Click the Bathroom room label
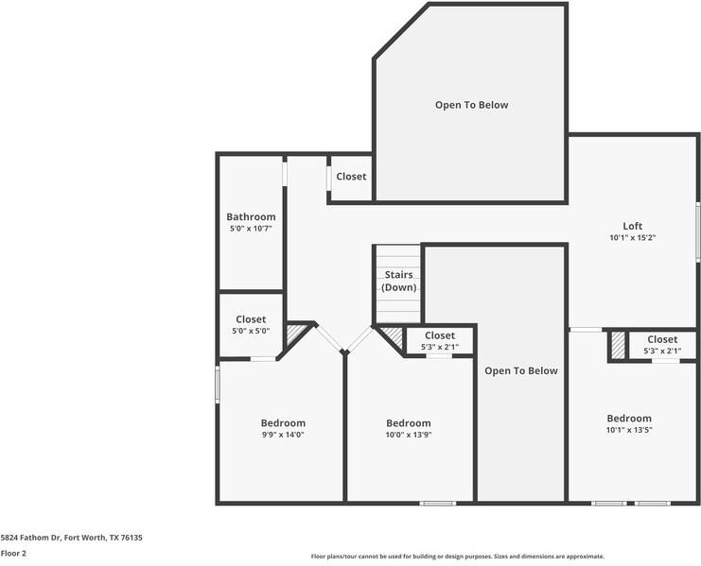point(251,216)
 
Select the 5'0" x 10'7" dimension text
point(251,229)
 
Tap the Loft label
point(633,226)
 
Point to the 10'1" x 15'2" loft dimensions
point(633,238)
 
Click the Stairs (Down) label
point(398,281)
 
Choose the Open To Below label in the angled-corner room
point(471,105)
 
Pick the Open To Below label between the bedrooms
point(521,370)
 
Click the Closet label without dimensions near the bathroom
point(351,177)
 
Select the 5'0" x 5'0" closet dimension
point(251,331)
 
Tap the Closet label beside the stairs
point(440,335)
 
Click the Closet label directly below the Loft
point(662,339)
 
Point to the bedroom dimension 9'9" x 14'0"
point(283,435)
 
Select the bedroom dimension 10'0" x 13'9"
point(409,435)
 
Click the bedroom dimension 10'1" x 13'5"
point(629,430)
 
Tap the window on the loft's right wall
point(698,230)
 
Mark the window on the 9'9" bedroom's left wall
point(218,385)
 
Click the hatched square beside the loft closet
point(618,345)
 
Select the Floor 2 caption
point(13,553)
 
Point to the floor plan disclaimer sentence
point(457,557)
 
